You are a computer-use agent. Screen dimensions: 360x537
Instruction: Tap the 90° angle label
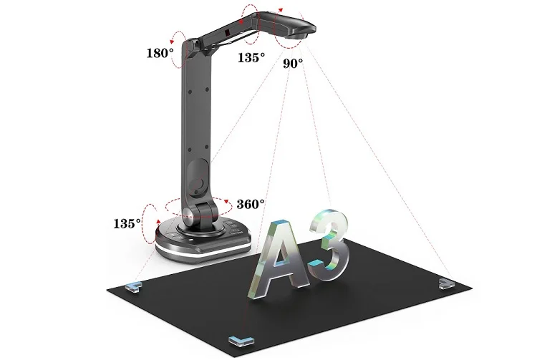coord(292,63)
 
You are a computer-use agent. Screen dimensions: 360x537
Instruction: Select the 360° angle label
coord(251,204)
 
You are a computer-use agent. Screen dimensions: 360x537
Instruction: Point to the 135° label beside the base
coord(126,223)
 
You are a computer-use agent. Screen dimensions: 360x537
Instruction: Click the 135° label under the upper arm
coord(251,57)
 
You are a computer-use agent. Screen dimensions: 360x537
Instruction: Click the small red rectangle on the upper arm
coord(226,34)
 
